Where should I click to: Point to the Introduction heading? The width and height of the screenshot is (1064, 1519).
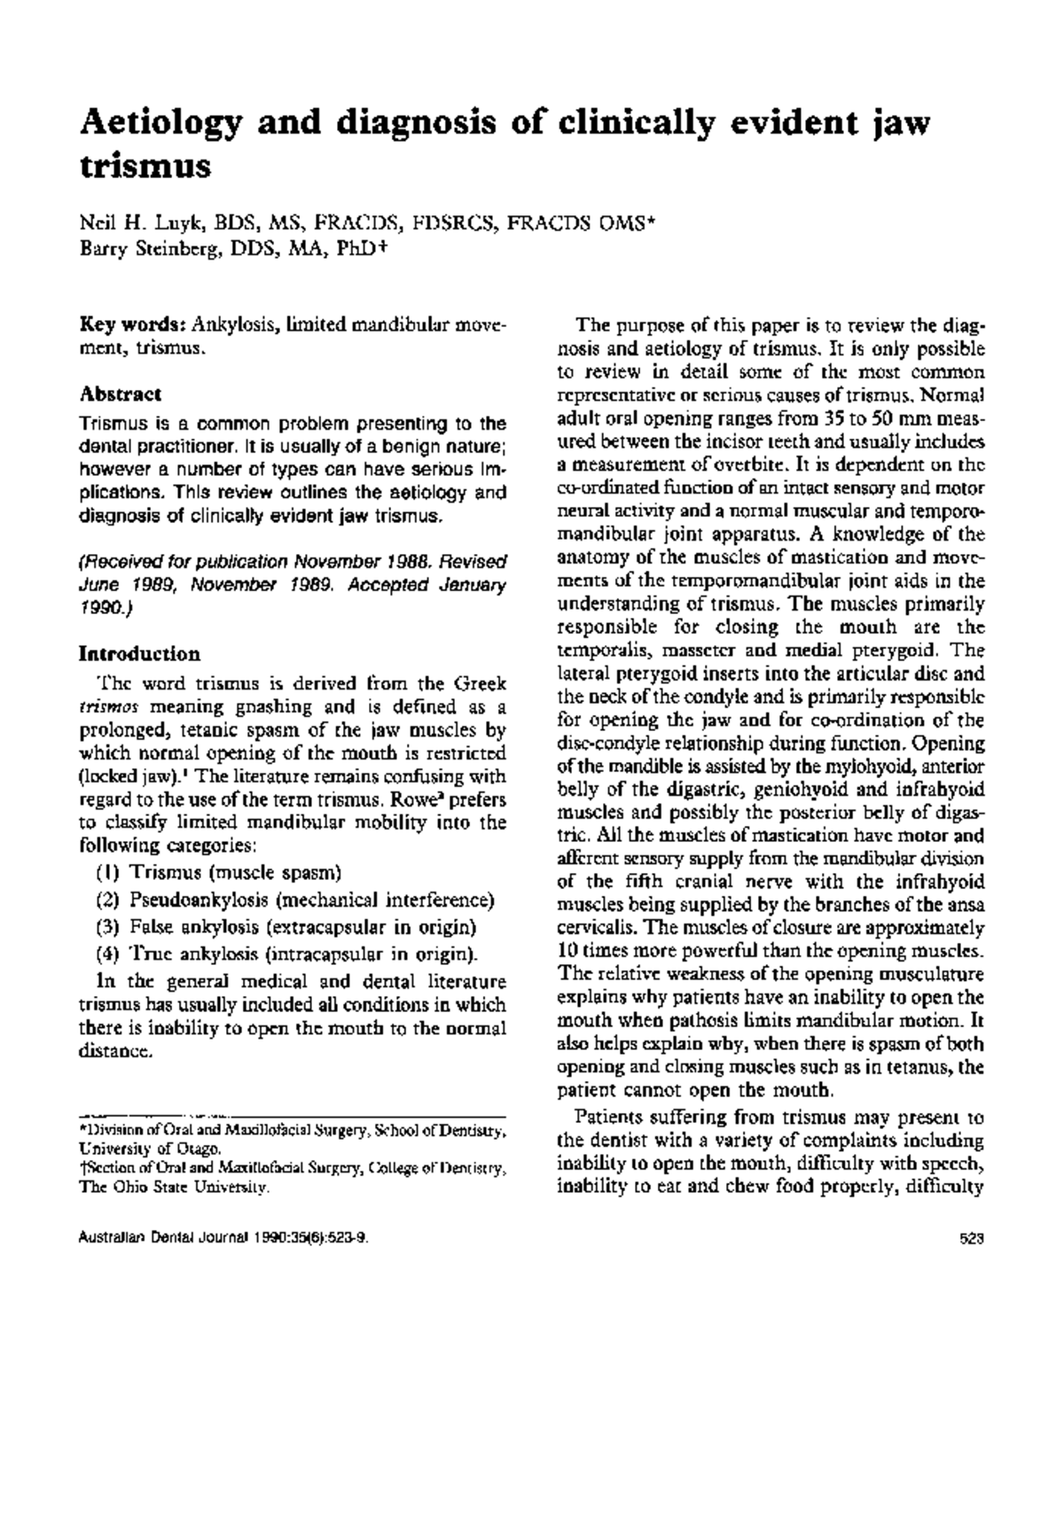(139, 654)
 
